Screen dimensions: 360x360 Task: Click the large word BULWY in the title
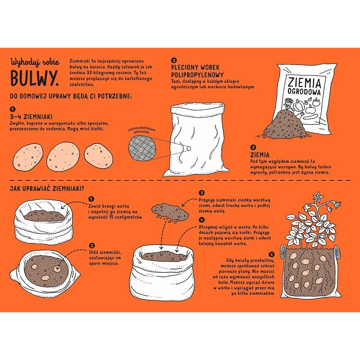(34, 77)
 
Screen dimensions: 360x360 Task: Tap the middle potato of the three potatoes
(63, 156)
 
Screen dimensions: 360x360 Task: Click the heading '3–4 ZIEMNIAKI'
(31, 117)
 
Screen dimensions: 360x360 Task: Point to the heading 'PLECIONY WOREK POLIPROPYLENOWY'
(198, 71)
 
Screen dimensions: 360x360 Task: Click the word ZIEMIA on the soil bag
(304, 83)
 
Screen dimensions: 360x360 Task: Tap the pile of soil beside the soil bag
(285, 125)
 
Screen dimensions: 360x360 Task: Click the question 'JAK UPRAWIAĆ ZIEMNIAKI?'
(47, 189)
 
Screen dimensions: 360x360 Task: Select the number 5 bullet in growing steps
(272, 254)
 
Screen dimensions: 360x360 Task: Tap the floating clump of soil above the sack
(170, 211)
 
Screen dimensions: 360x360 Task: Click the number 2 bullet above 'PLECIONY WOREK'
(174, 61)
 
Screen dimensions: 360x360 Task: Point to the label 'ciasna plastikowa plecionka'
(141, 130)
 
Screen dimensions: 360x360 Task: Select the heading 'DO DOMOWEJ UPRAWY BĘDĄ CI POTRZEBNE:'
(71, 96)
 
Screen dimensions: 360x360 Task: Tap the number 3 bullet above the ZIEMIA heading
(253, 147)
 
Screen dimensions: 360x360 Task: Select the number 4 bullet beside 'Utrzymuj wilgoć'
(201, 220)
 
